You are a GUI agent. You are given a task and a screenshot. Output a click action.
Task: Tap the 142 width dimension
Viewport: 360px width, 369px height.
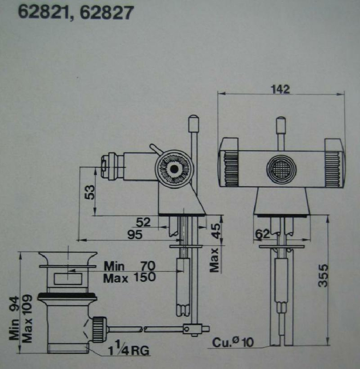[281, 89]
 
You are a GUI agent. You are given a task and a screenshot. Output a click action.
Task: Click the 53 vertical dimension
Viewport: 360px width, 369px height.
[89, 191]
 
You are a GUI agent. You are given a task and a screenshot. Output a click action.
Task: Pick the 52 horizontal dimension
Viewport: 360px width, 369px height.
[143, 223]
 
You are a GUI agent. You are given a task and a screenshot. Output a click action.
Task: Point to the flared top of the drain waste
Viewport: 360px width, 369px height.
[67, 257]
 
